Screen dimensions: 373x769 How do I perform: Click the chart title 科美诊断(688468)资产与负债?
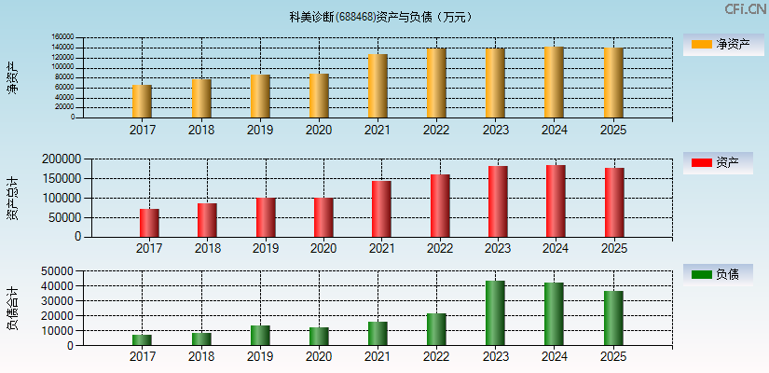coord(380,17)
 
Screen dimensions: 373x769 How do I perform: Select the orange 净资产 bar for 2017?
coord(142,101)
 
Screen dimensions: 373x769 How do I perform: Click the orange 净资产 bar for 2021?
coord(378,86)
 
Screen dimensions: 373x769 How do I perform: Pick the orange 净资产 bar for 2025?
coord(613,83)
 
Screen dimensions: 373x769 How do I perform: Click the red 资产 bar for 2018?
coord(207,220)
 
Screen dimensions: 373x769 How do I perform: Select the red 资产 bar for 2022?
coord(440,205)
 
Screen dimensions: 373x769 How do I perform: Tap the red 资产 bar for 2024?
coord(556,200)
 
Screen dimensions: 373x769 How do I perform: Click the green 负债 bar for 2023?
coord(495,313)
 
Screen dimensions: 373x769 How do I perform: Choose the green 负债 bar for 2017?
coord(142,340)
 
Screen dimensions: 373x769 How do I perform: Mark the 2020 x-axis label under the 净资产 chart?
coord(319,131)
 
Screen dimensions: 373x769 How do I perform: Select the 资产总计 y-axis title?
coord(13,198)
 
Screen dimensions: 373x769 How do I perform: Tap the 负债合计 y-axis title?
coord(13,309)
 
